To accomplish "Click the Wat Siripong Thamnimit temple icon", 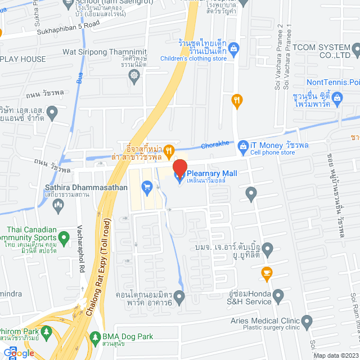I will (x=134, y=75).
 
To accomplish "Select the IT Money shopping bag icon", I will (x=243, y=145).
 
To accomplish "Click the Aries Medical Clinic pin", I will (x=307, y=322).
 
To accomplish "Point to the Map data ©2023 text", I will (x=336, y=355).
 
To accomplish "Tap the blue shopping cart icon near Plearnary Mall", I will (x=147, y=186).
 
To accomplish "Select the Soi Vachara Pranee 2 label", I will (x=280, y=56).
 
